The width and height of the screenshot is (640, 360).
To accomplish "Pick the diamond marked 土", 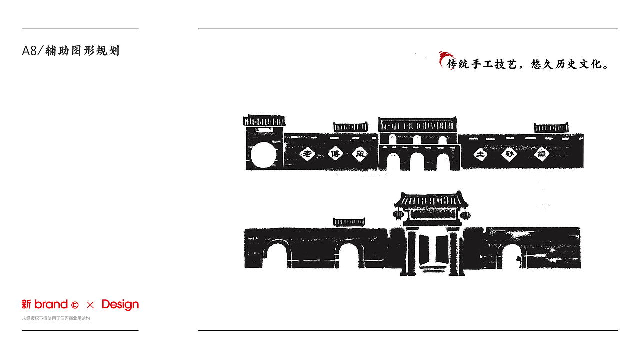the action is click(x=481, y=154).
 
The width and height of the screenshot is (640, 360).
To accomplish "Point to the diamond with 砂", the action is click(x=510, y=154).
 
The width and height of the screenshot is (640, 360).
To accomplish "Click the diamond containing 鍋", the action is click(x=541, y=154).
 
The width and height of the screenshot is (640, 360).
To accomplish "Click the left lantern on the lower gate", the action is click(x=398, y=215).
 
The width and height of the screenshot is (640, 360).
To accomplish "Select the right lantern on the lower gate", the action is click(x=465, y=215).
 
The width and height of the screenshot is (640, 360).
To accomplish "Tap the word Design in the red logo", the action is click(x=120, y=304).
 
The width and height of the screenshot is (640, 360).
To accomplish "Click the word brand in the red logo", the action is click(x=51, y=304).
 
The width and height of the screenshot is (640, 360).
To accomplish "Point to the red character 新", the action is click(x=26, y=304).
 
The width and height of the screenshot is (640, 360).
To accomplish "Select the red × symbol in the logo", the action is click(x=90, y=305).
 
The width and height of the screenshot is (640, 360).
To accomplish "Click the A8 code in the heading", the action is click(x=30, y=51).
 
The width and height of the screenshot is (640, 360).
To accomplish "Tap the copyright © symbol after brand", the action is click(x=75, y=305).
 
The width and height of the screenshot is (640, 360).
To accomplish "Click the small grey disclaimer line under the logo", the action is click(x=56, y=318).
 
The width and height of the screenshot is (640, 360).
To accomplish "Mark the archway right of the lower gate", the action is click(x=509, y=257).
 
